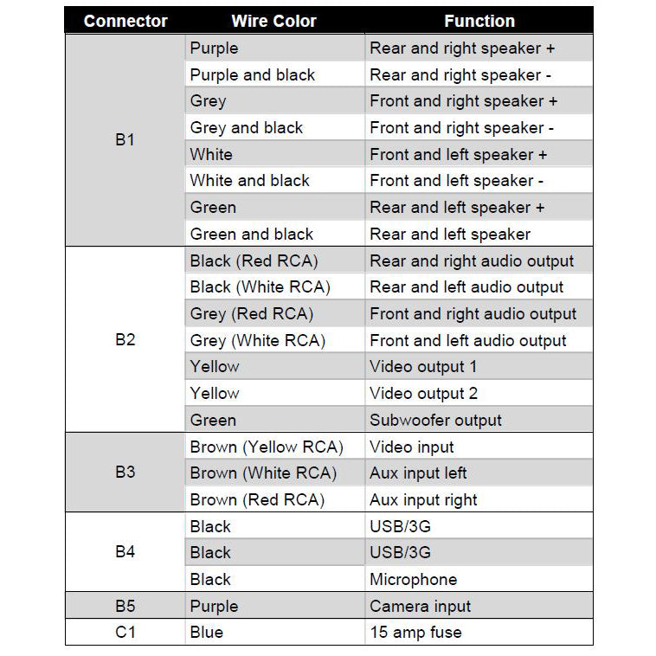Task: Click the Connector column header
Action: click(x=125, y=21)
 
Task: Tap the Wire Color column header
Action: click(x=274, y=21)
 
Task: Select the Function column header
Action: click(x=479, y=21)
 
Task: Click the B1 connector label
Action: click(x=125, y=139)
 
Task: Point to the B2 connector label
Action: click(x=125, y=339)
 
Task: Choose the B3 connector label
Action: click(x=125, y=473)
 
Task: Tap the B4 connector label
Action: click(x=125, y=552)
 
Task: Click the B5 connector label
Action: click(x=125, y=606)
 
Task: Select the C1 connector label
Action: click(x=125, y=633)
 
